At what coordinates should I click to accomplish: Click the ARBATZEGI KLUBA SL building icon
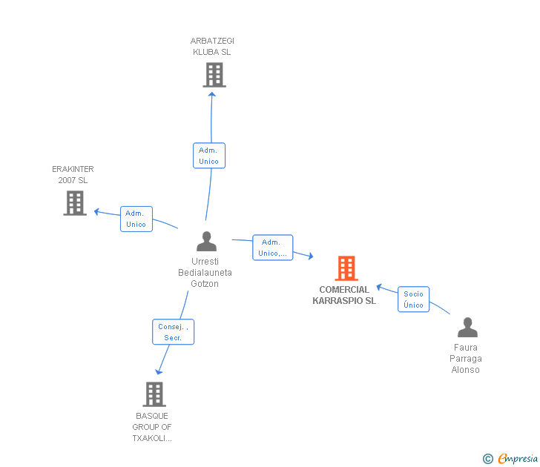tap(214, 75)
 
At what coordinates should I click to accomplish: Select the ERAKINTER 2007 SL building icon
tap(75, 203)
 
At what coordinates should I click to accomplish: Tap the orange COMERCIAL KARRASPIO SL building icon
tap(346, 268)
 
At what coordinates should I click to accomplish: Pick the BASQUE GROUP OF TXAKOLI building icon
tap(154, 394)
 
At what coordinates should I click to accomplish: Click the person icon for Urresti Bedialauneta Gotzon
tap(206, 242)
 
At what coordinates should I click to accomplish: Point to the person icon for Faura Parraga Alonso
tap(467, 328)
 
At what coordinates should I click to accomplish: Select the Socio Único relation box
tap(413, 299)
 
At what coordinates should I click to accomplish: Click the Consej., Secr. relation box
tap(173, 331)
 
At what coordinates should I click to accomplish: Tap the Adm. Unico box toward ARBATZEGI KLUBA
tap(208, 156)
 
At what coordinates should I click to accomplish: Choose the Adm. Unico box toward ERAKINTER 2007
tap(136, 219)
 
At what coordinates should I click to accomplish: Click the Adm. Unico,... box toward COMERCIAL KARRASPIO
tap(272, 248)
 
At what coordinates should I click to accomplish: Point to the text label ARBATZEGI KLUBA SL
tap(212, 47)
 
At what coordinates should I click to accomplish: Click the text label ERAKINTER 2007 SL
tap(73, 175)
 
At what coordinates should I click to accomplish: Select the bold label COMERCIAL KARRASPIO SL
tap(344, 295)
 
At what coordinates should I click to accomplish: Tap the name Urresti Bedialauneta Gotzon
tap(205, 272)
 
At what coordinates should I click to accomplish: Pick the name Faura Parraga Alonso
tap(466, 359)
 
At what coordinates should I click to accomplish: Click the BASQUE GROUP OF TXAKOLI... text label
tap(152, 427)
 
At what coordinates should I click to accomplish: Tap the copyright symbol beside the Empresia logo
tap(488, 459)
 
